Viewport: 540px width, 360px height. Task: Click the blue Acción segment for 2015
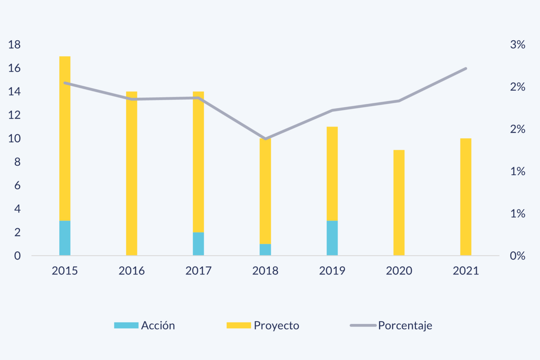pos(65,238)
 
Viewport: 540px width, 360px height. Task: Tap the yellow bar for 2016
pos(132,173)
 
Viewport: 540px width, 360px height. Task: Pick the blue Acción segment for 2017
pos(198,244)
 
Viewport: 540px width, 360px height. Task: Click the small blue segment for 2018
pos(265,249)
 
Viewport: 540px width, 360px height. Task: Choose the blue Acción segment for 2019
pos(332,238)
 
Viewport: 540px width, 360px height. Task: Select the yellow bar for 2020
pos(399,202)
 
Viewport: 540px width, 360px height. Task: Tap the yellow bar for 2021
pos(466,197)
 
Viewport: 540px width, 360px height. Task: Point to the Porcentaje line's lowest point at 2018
pos(265,139)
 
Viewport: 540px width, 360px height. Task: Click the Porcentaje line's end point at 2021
pos(466,69)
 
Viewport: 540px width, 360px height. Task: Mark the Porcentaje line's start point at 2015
pos(65,83)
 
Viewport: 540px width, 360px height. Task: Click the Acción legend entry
pos(145,325)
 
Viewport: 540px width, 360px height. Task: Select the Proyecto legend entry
pos(263,325)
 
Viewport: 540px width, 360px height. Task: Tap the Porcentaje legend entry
pos(391,325)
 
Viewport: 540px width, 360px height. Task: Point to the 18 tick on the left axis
pos(14,45)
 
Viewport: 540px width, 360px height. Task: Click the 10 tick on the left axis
pos(14,138)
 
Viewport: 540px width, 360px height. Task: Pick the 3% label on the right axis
pos(517,45)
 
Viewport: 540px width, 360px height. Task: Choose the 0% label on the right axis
pos(517,256)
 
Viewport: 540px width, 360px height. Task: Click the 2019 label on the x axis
pos(332,271)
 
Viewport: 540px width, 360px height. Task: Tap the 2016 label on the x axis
pos(132,271)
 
